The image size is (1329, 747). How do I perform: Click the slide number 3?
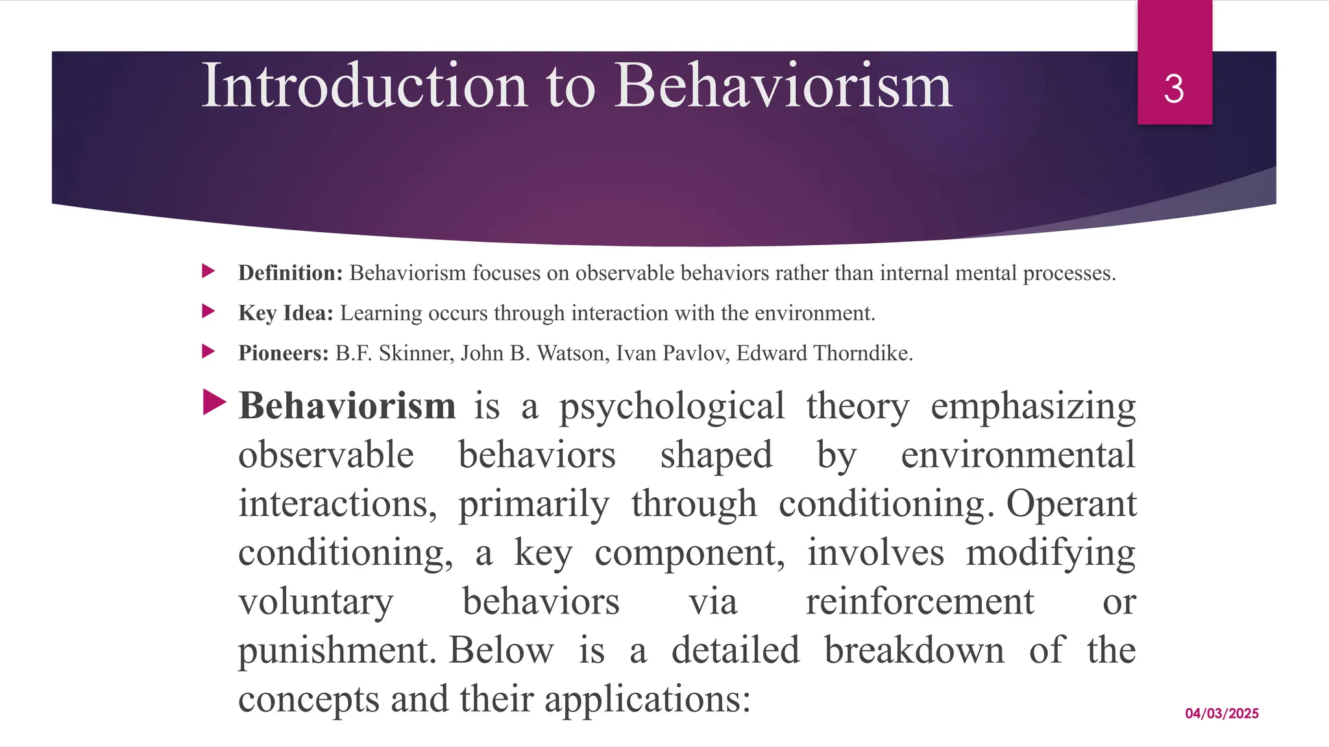coord(1174,89)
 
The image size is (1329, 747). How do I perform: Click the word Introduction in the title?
coord(364,86)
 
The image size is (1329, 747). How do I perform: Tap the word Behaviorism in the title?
coord(783,86)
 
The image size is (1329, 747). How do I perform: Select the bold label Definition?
coord(290,273)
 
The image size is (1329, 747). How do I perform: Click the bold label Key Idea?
coord(286,313)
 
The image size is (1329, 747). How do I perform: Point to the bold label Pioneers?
coord(284,353)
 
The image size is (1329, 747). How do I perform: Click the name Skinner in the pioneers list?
coord(415,353)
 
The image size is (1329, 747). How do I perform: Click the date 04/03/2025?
coord(1221,713)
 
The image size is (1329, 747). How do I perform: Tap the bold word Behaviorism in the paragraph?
coord(347,407)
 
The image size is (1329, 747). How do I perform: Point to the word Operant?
coord(1071,504)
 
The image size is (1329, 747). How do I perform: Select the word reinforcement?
coord(920,602)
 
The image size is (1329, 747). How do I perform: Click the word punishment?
coord(335,651)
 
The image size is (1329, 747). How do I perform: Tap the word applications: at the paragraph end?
coord(647,700)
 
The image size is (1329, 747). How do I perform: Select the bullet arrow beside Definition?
coord(208,271)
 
